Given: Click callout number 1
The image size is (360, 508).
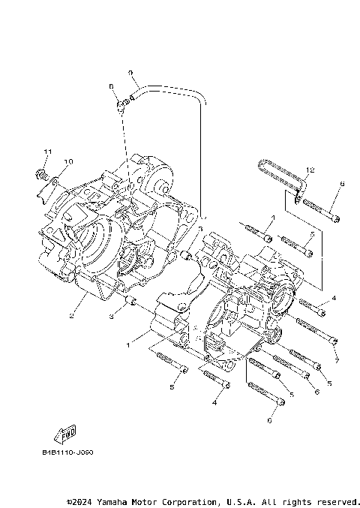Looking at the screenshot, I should (x=127, y=345).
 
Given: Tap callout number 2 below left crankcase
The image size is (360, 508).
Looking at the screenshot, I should (x=70, y=316).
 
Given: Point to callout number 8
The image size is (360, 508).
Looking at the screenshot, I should (x=112, y=87).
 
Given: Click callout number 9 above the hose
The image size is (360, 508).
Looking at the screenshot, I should (x=130, y=73).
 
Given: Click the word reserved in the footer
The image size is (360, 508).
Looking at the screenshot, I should (x=337, y=500).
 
